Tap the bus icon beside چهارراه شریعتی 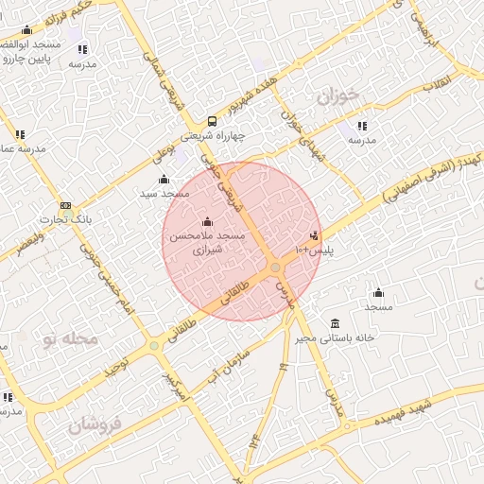pos(212,121)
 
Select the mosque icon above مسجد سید pos(164,180)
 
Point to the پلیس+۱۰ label pos(315,251)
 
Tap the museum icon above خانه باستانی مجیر pos(335,322)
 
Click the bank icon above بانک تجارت pos(65,206)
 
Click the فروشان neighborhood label pos(96,425)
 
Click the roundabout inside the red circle pos(276,269)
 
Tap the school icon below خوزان pos(361,125)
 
